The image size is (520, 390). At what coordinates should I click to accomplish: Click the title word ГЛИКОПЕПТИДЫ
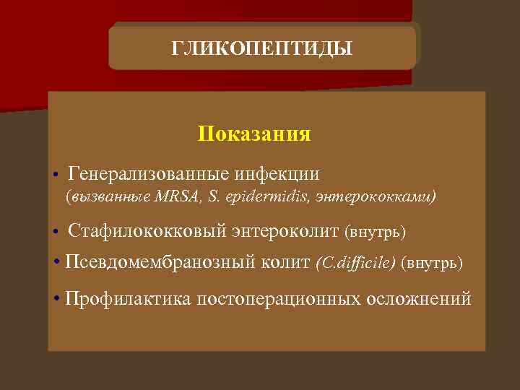(x=262, y=48)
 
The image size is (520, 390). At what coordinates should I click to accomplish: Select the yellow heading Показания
(x=254, y=134)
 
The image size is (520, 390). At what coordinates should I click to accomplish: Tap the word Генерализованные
(x=149, y=174)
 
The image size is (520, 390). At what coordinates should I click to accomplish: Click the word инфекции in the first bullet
(x=277, y=174)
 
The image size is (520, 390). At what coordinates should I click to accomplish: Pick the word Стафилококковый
(x=147, y=232)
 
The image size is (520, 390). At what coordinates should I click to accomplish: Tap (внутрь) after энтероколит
(x=376, y=233)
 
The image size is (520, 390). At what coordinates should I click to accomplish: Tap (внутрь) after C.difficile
(x=432, y=262)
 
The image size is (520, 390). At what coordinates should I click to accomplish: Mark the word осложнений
(x=418, y=298)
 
